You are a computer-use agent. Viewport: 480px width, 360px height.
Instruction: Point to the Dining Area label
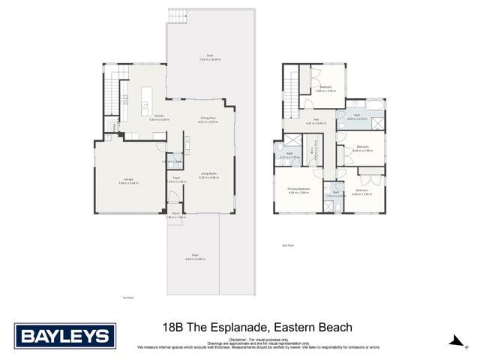point(208,118)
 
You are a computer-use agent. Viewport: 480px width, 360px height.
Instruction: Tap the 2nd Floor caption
point(288,245)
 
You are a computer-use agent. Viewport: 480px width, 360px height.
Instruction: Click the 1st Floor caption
point(127,297)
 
